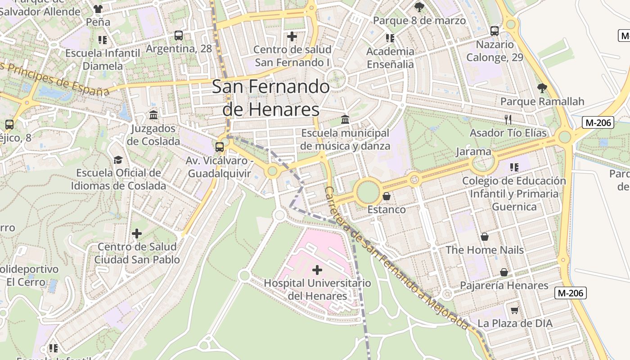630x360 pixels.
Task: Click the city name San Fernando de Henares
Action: click(271, 98)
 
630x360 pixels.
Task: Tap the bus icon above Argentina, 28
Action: click(179, 36)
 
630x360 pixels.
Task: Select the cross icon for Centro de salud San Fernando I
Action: click(292, 36)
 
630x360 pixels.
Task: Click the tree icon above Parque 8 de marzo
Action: click(419, 7)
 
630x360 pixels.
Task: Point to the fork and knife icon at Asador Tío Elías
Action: click(508, 119)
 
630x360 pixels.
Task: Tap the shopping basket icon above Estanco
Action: click(386, 196)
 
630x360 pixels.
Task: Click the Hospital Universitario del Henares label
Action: click(317, 289)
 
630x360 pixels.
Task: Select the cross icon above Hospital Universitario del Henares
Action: click(317, 270)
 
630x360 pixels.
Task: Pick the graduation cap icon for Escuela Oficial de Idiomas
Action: click(118, 160)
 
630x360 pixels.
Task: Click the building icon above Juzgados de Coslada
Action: click(153, 115)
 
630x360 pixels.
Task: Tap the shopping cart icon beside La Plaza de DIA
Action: click(515, 310)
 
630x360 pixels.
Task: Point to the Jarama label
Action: click(473, 151)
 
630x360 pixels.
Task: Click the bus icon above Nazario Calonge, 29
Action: click(495, 31)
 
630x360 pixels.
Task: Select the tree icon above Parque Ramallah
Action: click(542, 88)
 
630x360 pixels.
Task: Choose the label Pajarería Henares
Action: click(504, 285)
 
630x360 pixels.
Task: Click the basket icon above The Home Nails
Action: click(485, 237)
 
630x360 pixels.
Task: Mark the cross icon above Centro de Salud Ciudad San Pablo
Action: click(137, 234)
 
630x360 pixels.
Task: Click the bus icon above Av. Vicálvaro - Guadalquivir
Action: click(220, 147)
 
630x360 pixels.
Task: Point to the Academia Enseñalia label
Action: click(390, 58)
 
